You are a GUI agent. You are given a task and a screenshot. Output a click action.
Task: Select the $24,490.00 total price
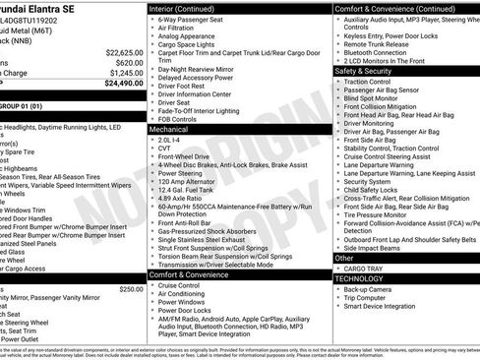tap(124, 84)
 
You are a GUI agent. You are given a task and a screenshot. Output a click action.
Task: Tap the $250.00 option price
tap(131, 289)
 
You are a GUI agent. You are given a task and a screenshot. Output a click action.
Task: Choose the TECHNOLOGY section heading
tap(360, 278)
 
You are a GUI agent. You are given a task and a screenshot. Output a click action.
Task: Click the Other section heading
tap(343, 257)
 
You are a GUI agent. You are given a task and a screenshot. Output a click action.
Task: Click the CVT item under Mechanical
tap(163, 149)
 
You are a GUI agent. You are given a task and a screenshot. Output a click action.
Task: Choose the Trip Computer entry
tap(369, 298)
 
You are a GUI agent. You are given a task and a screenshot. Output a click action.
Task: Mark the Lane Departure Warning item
tap(388, 164)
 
